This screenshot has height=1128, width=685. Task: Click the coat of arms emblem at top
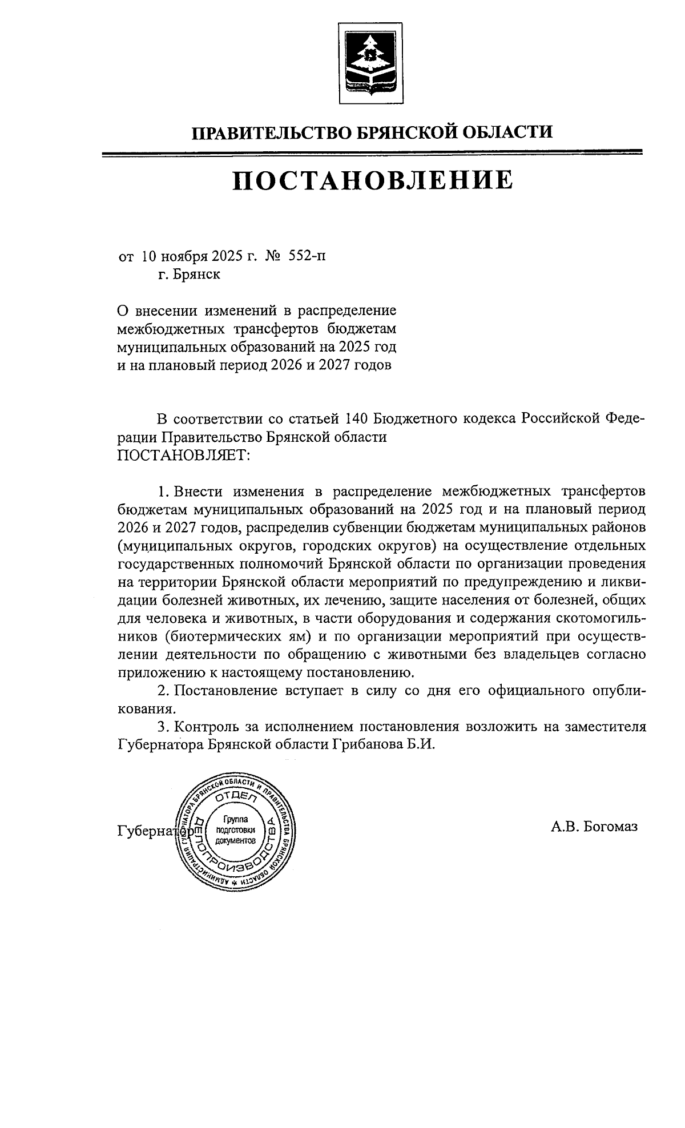click(x=371, y=63)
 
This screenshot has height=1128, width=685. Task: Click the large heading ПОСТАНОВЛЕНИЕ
click(x=372, y=179)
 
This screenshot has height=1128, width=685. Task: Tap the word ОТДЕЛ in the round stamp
click(x=236, y=800)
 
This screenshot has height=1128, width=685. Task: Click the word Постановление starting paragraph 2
click(x=225, y=691)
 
